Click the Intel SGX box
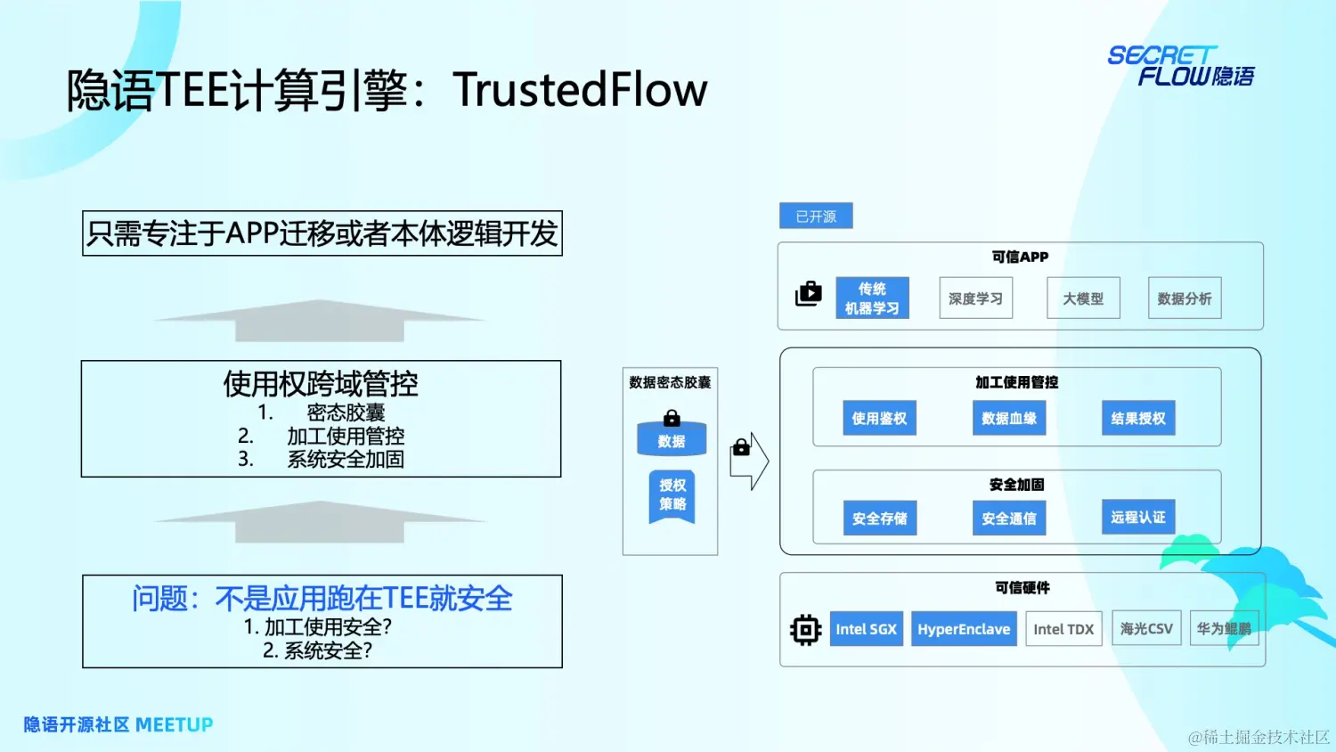click(x=866, y=629)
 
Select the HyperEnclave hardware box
click(x=964, y=629)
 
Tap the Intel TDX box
click(x=1063, y=629)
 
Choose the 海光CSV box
click(x=1146, y=628)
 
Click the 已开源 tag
click(x=816, y=217)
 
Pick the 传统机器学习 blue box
click(x=872, y=298)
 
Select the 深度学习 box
click(x=975, y=298)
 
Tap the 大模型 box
click(x=1083, y=298)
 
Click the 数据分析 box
click(x=1185, y=298)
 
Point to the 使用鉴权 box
click(x=879, y=418)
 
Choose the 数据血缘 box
click(x=1008, y=418)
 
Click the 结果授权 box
click(x=1138, y=418)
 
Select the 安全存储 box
click(x=879, y=518)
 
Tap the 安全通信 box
click(x=1008, y=518)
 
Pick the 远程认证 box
click(x=1138, y=517)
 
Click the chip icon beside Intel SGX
click(x=805, y=630)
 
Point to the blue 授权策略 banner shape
click(x=672, y=496)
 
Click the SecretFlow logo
click(x=1180, y=67)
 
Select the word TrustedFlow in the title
click(x=580, y=90)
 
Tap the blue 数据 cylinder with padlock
click(x=672, y=437)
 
